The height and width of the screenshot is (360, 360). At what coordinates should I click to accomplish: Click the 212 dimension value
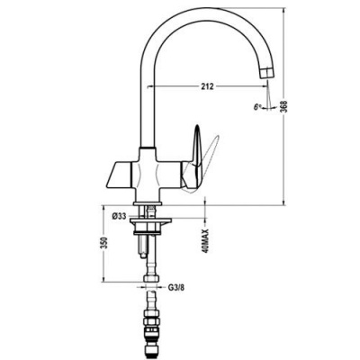click(207, 86)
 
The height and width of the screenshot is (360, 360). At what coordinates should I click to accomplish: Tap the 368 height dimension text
click(285, 106)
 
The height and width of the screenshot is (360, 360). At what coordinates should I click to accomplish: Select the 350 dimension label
click(103, 243)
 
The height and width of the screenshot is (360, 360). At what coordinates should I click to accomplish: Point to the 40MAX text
click(205, 241)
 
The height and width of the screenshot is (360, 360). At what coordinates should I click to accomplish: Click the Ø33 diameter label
click(119, 216)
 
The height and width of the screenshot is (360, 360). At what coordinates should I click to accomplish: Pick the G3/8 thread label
click(176, 288)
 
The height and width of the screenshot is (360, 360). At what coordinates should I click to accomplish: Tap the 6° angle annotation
click(257, 107)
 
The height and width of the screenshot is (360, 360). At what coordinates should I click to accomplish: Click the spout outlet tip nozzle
click(266, 73)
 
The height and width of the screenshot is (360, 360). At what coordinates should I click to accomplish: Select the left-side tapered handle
click(119, 175)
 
